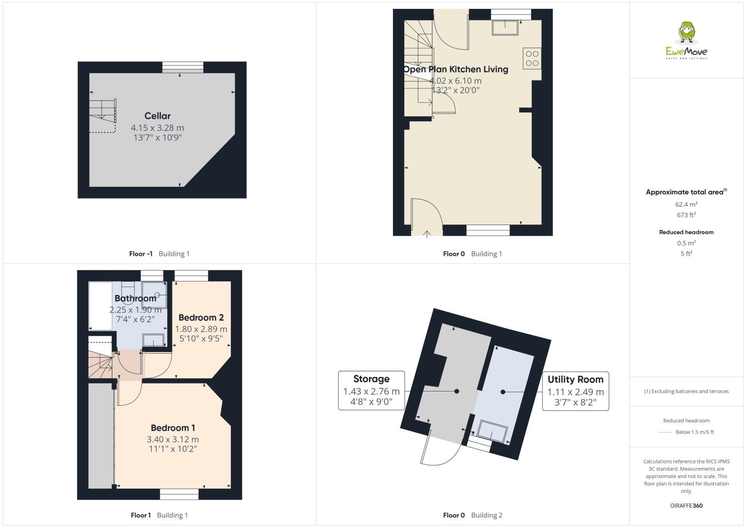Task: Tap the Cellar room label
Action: pos(157,116)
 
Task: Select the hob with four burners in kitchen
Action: pos(532,58)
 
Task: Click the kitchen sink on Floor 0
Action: pos(505,28)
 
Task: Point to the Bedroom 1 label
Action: pos(173,428)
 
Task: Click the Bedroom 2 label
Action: pos(201,317)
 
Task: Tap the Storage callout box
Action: pos(371,390)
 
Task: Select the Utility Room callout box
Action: pos(575,391)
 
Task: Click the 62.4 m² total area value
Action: pos(686,204)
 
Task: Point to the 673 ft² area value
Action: pos(686,215)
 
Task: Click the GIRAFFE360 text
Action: pos(686,506)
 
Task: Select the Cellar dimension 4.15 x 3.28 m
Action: pos(157,128)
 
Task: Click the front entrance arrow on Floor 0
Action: pos(427,234)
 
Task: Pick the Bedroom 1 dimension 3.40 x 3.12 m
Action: pos(173,439)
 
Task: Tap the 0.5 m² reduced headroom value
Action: pos(686,243)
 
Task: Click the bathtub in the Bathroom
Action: pos(100,306)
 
